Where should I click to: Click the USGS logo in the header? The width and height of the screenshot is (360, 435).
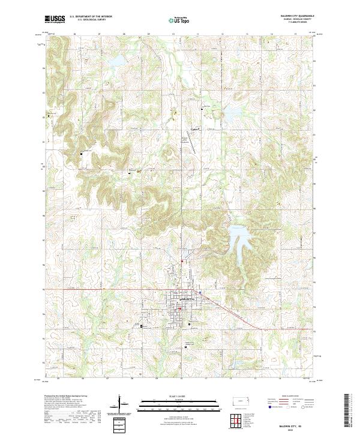point(55,19)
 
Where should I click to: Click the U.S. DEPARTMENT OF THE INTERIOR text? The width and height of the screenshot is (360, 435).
point(91,17)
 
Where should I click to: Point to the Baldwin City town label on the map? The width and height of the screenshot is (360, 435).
point(187,299)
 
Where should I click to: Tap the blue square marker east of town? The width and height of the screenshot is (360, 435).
point(199,292)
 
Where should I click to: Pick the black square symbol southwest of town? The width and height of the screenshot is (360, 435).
point(142,326)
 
